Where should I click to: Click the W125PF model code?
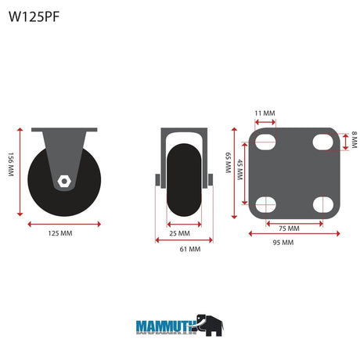pyautogui.click(x=34, y=16)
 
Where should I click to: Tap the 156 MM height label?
pyautogui.click(x=11, y=164)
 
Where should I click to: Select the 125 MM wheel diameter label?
pyautogui.click(x=60, y=233)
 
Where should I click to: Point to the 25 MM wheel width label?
pyautogui.click(x=180, y=233)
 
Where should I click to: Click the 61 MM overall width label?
pyautogui.click(x=190, y=249)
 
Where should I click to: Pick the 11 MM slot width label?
pyautogui.click(x=265, y=113)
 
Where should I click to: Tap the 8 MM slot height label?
pyautogui.click(x=354, y=140)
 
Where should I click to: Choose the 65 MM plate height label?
pyautogui.click(x=228, y=163)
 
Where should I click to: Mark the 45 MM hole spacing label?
pyautogui.click(x=239, y=170)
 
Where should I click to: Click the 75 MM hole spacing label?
pyautogui.click(x=289, y=229)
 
